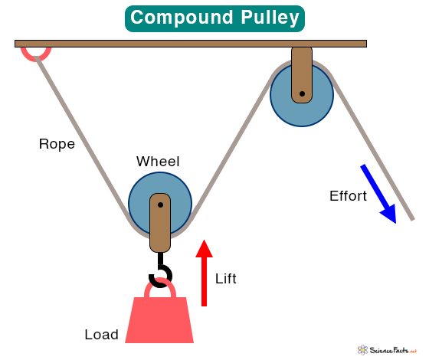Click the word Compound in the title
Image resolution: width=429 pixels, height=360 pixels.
tap(182, 18)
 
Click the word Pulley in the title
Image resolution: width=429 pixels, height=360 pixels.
tap(270, 18)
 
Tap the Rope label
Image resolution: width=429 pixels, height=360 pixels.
tap(57, 144)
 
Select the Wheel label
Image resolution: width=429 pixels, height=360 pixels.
tap(158, 162)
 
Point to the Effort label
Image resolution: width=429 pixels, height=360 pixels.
tap(348, 196)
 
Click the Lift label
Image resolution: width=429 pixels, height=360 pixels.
tap(226, 279)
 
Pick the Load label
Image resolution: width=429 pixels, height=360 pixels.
tap(101, 335)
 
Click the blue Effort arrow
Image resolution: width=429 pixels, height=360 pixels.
tap(378, 194)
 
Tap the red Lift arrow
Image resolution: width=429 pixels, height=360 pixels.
tap(204, 273)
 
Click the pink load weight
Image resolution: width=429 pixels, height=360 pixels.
tap(159, 320)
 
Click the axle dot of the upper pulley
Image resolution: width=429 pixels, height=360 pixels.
tap(302, 93)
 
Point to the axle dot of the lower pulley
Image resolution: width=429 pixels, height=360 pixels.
tap(160, 205)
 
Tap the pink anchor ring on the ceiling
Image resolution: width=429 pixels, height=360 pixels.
tap(36, 57)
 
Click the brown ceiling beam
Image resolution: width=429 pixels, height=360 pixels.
tap(191, 44)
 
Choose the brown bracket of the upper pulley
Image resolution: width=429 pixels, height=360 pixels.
tap(302, 74)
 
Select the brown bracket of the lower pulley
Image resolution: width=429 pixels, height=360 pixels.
tap(160, 223)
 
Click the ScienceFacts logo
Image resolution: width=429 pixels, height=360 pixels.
tap(387, 350)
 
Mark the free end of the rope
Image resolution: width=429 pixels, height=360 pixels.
tap(413, 219)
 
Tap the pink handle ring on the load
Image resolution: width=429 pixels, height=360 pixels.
tap(160, 283)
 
